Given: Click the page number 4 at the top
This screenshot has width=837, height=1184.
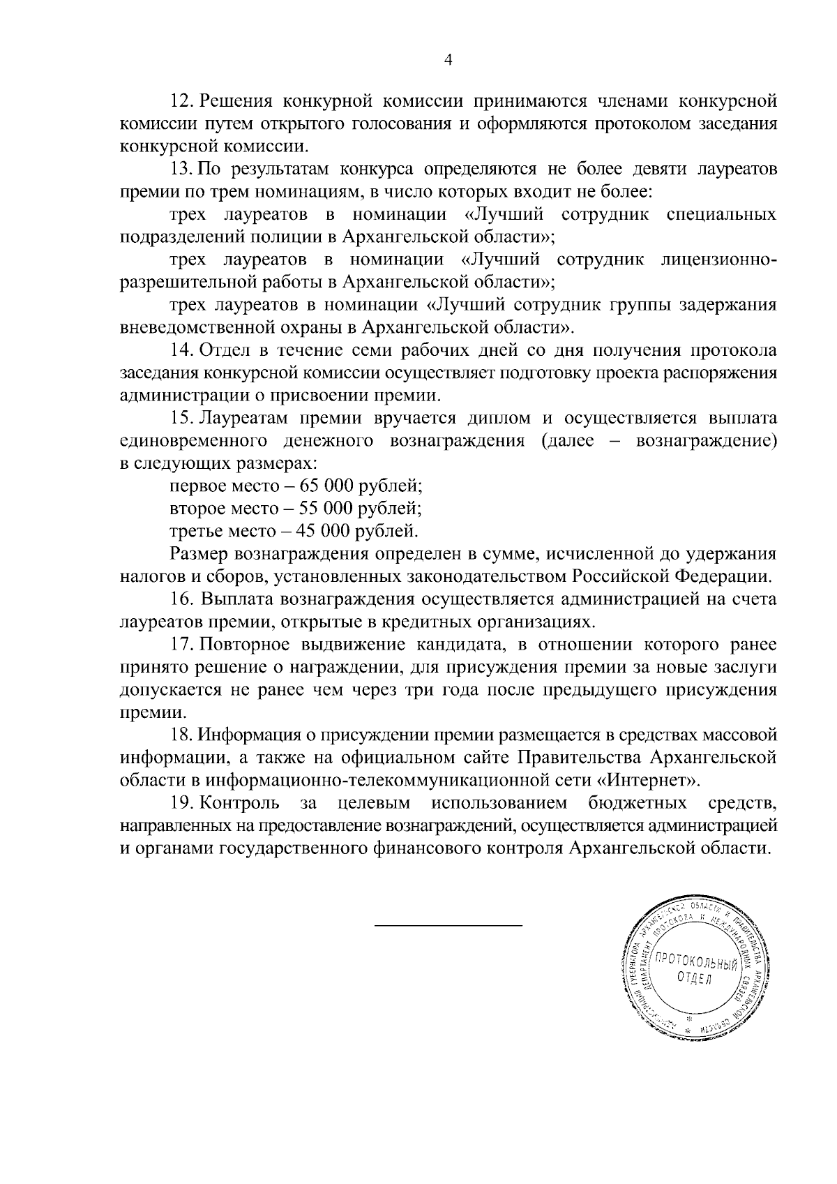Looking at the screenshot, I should (448, 61).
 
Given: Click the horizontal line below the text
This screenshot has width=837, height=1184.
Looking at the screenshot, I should (448, 926).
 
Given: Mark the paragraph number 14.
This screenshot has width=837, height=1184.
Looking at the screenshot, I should (182, 350).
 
